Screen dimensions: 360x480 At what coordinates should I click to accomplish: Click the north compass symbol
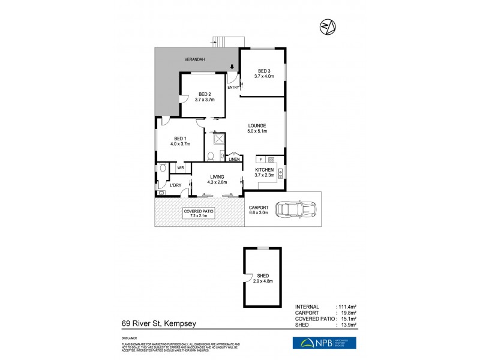(x=328, y=26)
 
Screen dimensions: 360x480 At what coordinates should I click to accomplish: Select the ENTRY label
(x=233, y=88)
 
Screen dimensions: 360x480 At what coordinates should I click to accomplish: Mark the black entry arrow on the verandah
(x=233, y=68)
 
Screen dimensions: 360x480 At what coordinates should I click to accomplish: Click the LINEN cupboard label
(x=234, y=159)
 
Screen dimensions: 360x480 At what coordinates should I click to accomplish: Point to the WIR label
(x=180, y=168)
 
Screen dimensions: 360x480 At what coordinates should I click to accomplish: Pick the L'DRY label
(x=176, y=185)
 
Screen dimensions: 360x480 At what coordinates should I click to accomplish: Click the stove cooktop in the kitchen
(x=271, y=160)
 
